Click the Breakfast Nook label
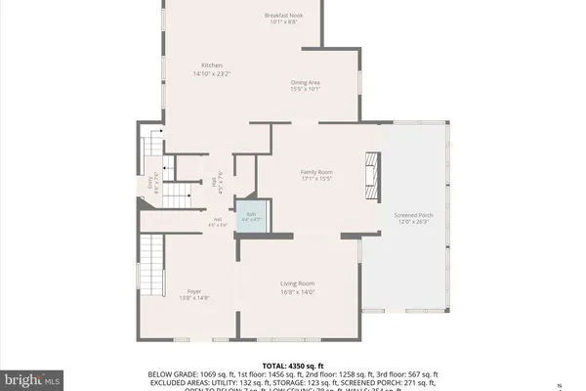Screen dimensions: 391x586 pyautogui.click(x=284, y=16)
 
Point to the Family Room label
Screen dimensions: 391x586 pyautogui.click(x=316, y=172)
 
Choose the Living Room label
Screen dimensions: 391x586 pyautogui.click(x=297, y=283)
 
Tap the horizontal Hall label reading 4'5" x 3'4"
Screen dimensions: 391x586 pyautogui.click(x=217, y=222)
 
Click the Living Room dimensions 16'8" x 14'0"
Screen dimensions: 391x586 pyautogui.click(x=297, y=291)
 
